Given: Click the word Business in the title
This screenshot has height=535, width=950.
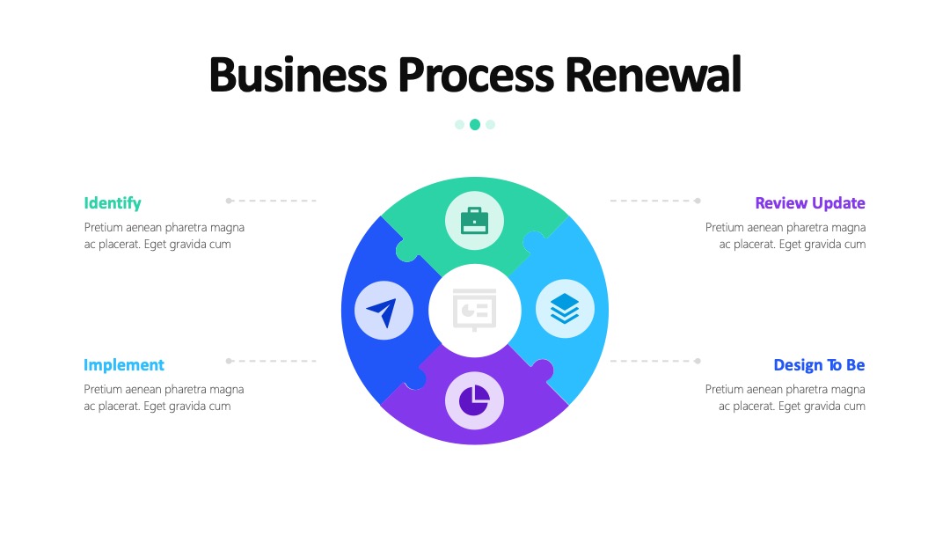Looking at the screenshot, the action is (x=297, y=75).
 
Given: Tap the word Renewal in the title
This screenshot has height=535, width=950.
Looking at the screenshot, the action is (x=653, y=75).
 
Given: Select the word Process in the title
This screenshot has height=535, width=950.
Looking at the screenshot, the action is (x=476, y=75).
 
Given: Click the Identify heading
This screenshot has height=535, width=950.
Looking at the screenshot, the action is (x=113, y=203).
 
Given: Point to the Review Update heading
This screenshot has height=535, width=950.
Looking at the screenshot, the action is (x=810, y=203).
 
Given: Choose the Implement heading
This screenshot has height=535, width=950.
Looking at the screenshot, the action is (x=124, y=365).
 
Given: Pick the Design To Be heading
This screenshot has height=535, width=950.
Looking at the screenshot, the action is (x=819, y=365).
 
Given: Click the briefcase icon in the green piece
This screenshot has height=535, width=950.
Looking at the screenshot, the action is (x=474, y=221).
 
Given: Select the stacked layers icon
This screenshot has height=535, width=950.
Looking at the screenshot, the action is (x=565, y=309).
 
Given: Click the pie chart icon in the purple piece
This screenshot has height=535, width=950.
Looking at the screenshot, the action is (x=474, y=400).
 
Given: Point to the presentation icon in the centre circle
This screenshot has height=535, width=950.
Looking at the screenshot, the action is (x=474, y=311).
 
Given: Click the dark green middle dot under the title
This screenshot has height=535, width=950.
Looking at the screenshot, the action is (x=475, y=124).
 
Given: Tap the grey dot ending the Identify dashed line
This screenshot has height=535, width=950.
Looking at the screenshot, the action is (x=229, y=201).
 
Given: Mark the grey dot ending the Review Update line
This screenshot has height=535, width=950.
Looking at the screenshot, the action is (x=698, y=201).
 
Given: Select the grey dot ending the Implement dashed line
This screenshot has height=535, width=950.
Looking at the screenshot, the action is (x=229, y=361).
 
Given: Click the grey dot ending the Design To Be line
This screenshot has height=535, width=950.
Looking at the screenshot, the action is (x=698, y=361).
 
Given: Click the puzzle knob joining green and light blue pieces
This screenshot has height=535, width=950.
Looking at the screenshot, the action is (x=533, y=242).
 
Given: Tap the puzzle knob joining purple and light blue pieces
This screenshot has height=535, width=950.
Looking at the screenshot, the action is (x=542, y=370).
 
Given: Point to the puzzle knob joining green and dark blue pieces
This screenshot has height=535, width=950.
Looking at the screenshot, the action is (x=406, y=251).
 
